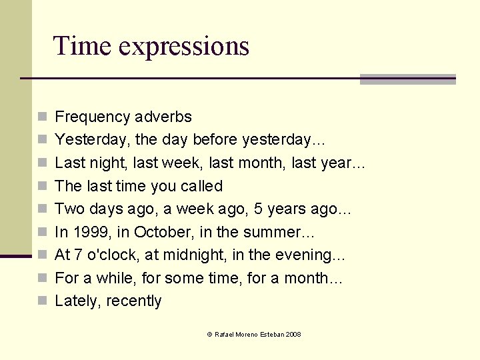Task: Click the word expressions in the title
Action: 184,47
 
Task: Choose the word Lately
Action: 75,301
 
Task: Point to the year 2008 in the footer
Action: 293,334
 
